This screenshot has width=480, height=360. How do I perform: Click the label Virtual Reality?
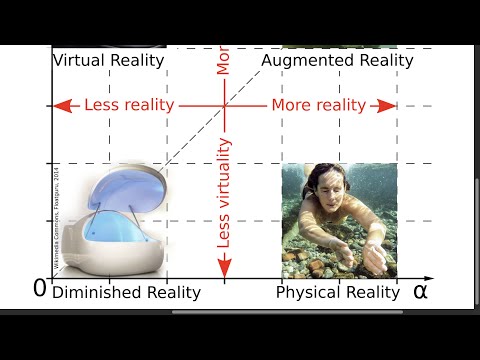point(107,60)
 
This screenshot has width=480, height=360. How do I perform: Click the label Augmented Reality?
point(337,60)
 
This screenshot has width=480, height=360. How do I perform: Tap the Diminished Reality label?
point(126,292)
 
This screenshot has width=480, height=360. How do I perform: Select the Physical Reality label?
point(339,292)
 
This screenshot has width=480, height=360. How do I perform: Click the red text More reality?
point(318,105)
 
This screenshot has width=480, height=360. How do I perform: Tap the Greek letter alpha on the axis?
point(420,291)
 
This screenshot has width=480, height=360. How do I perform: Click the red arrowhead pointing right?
point(388,105)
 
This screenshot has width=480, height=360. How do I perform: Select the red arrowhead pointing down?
point(224,267)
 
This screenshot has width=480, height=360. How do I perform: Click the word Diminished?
point(93,292)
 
